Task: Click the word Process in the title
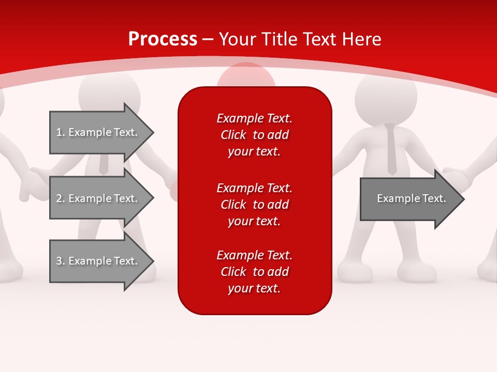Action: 163,39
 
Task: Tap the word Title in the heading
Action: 279,39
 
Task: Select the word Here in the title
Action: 361,39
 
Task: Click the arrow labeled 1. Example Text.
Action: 102,132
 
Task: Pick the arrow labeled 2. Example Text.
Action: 102,198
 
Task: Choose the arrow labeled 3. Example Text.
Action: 102,261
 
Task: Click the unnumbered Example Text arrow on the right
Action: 413,199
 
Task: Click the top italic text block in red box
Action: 255,135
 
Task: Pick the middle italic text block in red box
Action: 255,205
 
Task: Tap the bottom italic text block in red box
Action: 255,272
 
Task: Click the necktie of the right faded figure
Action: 391,149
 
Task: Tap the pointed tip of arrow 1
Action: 154,132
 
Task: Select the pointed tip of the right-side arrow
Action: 464,199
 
